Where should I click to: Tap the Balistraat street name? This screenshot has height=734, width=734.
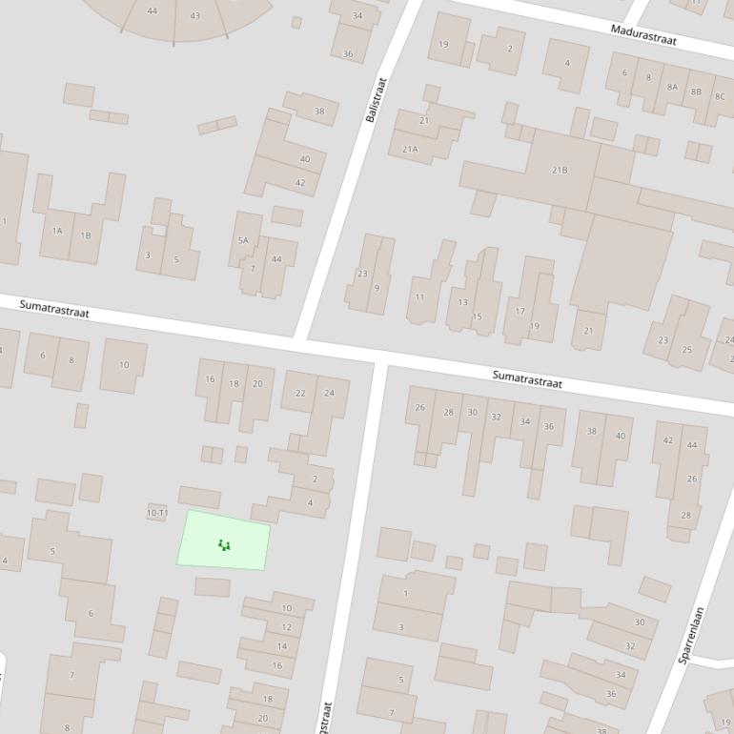coord(376,99)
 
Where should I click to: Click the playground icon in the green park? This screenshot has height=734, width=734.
coord(224,545)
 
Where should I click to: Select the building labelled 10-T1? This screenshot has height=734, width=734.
coord(157,513)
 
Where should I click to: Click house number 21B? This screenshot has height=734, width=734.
coord(560,170)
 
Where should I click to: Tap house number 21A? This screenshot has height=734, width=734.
coord(410,149)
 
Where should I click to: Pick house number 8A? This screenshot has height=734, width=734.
coord(672,87)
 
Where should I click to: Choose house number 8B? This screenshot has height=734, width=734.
coord(696,92)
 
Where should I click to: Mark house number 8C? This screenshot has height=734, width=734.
coord(720,96)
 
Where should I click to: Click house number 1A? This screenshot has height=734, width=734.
coord(57,231)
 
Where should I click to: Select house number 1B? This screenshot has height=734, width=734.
coord(86,235)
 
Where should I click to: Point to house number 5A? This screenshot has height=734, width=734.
coord(243,240)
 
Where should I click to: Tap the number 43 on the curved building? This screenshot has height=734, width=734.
coord(195,15)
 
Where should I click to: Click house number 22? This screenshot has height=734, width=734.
coord(300,393)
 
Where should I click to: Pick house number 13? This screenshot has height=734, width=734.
coord(462,302)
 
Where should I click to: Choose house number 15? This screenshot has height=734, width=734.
coord(478,316)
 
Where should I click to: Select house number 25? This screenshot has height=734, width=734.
coord(686,350)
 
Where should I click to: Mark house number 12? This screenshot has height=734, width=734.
coord(286,627)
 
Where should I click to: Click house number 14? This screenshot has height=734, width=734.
coord(281,646)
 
